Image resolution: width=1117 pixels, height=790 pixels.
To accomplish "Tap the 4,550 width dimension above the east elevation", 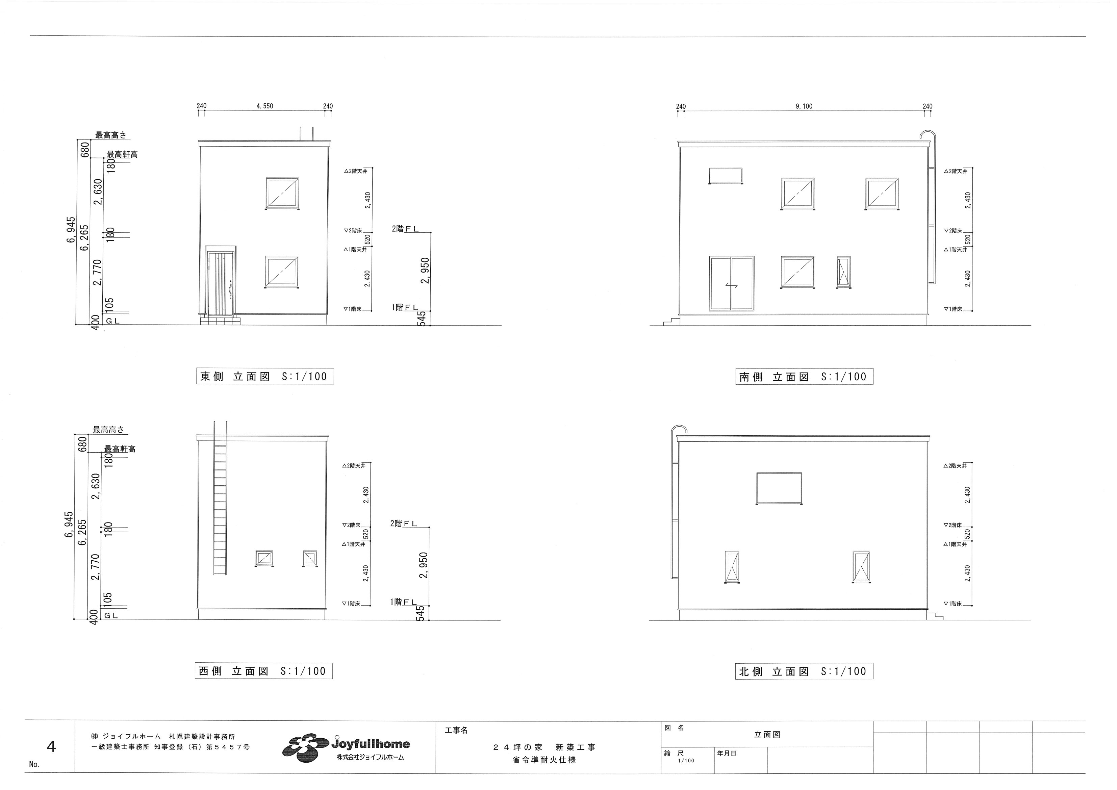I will [265, 106].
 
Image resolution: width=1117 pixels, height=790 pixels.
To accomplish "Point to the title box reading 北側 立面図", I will [804, 671].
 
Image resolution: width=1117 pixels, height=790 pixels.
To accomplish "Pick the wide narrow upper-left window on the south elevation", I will [726, 176].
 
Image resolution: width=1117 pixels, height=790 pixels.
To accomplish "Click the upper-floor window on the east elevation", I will [282, 193].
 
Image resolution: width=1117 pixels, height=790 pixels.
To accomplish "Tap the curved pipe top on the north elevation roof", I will [679, 429].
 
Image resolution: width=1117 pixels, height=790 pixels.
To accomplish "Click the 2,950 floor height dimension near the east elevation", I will [425, 271].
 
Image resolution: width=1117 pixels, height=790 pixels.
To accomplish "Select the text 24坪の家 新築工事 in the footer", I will [544, 747].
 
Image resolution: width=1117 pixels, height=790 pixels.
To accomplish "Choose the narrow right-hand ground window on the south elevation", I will [844, 272].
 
